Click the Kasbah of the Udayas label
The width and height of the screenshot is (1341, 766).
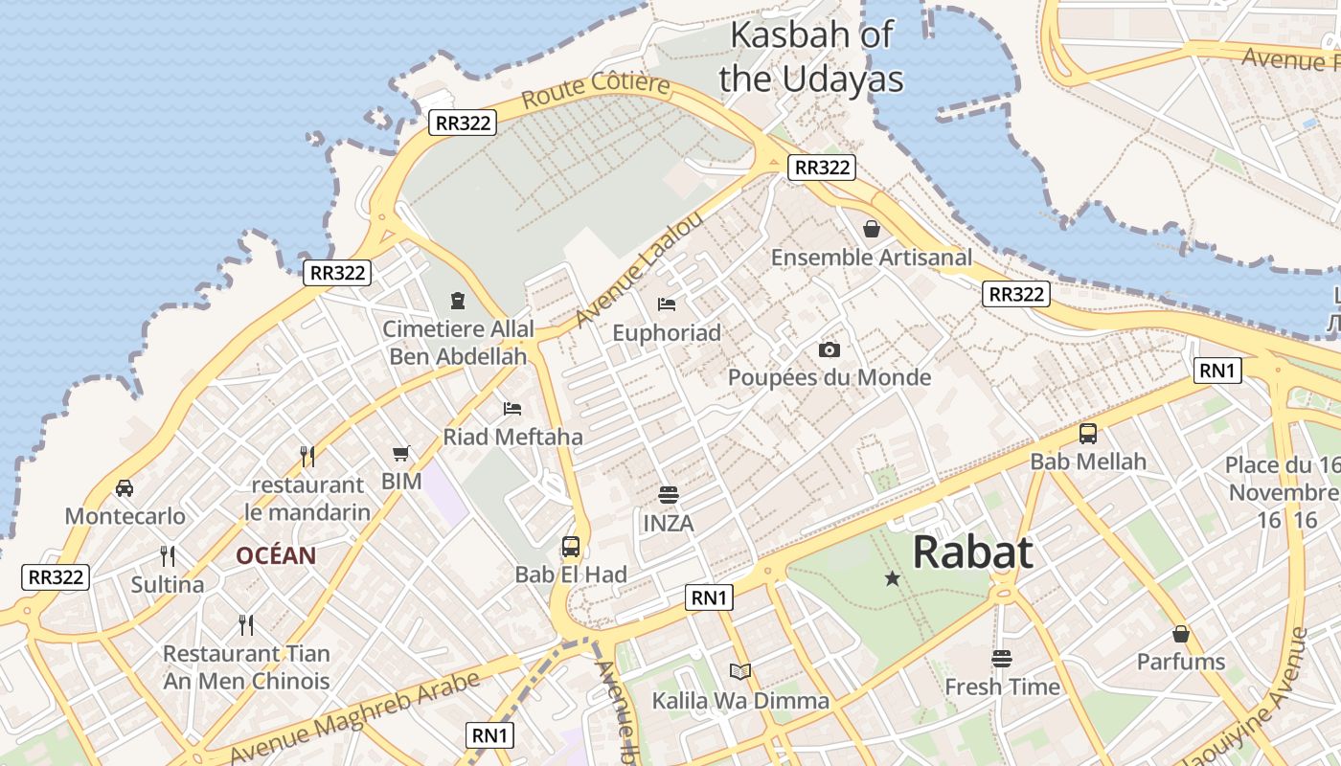[x=810, y=56]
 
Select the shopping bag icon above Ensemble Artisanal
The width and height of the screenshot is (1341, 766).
[x=872, y=229]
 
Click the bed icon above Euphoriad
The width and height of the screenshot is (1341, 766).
[x=667, y=304]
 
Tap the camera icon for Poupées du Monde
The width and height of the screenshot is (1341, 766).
[x=830, y=349]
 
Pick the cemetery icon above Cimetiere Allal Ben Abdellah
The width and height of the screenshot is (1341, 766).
[x=458, y=301]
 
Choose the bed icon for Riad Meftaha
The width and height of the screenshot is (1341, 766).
[x=512, y=409]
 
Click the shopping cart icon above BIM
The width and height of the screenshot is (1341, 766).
[x=401, y=453]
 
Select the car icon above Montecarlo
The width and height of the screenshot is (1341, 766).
[x=125, y=488]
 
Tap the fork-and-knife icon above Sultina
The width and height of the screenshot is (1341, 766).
[x=168, y=556]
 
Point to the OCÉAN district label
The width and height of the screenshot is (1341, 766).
[x=276, y=556]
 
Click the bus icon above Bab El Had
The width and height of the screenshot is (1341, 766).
[x=571, y=547]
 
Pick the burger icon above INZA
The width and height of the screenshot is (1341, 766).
[x=669, y=495]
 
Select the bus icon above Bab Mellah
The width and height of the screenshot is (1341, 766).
[x=1088, y=433]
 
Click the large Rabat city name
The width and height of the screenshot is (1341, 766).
[x=972, y=552]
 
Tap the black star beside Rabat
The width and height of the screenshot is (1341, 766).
[x=893, y=578]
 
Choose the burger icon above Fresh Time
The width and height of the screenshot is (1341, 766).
[x=1002, y=659]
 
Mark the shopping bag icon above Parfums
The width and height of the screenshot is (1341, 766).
[x=1181, y=634]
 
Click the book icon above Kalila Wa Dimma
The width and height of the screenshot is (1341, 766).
[x=740, y=672]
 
